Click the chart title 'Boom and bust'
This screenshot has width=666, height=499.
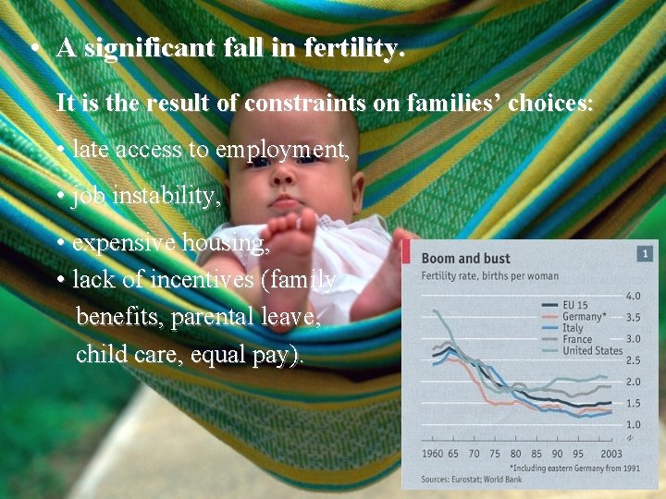coord(465,259)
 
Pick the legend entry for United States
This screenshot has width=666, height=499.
coord(592,350)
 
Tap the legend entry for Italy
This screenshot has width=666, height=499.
coord(574,327)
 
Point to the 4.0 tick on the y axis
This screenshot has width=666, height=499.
coord(634,297)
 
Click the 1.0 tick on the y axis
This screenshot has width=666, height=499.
coord(634,424)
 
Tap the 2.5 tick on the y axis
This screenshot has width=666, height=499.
coord(634,360)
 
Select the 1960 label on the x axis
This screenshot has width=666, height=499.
coord(432,454)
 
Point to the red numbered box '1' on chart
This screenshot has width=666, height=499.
coord(645,253)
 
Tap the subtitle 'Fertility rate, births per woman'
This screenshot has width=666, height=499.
coord(490,275)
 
